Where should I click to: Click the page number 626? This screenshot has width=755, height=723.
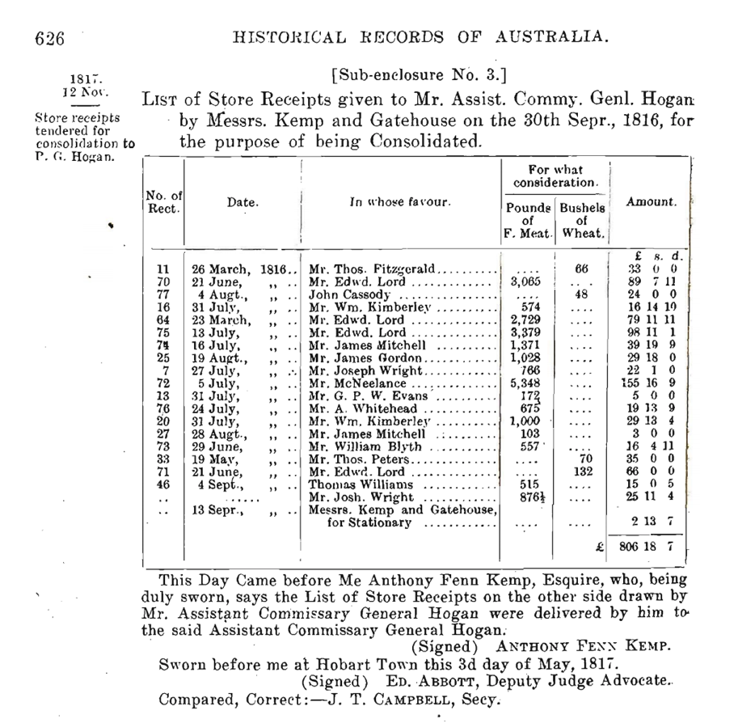(49, 37)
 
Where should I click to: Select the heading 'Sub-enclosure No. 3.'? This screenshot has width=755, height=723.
(419, 76)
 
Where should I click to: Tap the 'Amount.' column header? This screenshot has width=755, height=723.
(651, 202)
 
